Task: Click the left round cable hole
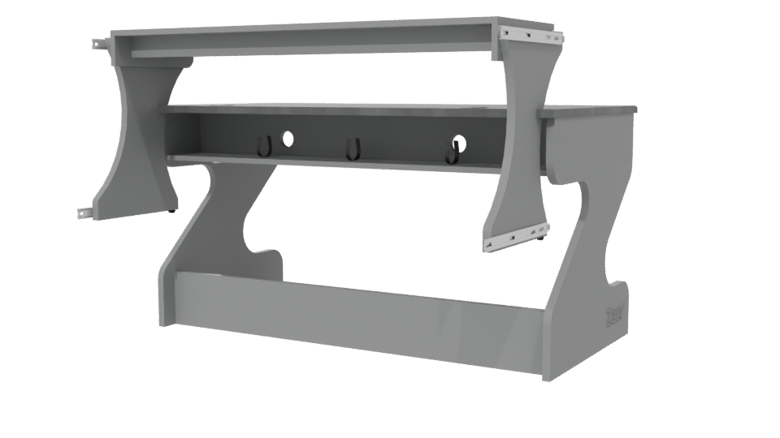(286, 139)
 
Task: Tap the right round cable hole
(459, 144)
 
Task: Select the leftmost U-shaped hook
(262, 146)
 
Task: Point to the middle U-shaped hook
(352, 150)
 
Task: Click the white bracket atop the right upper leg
(533, 34)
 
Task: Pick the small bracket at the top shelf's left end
(101, 44)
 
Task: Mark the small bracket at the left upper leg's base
(84, 213)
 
